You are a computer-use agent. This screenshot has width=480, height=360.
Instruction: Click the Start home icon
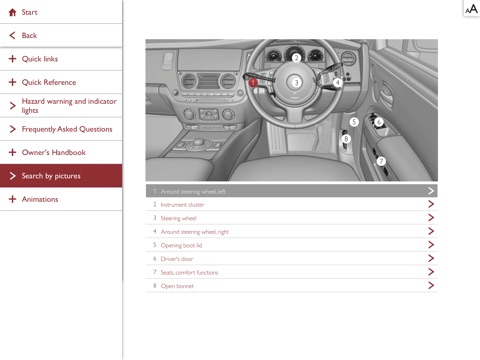(13, 12)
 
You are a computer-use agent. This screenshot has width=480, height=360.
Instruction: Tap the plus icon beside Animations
(12, 199)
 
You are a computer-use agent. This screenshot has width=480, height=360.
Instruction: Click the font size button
(472, 9)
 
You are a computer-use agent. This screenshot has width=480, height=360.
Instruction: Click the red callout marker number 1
(253, 82)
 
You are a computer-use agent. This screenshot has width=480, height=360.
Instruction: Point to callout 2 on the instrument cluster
(296, 58)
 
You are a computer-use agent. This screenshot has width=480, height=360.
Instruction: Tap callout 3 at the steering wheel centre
(296, 82)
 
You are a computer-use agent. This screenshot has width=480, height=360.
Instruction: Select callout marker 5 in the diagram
(354, 122)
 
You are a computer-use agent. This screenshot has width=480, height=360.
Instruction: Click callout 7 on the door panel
(381, 162)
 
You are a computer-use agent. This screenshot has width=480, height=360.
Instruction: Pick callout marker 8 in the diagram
(346, 139)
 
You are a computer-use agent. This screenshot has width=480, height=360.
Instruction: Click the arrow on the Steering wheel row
(431, 218)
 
